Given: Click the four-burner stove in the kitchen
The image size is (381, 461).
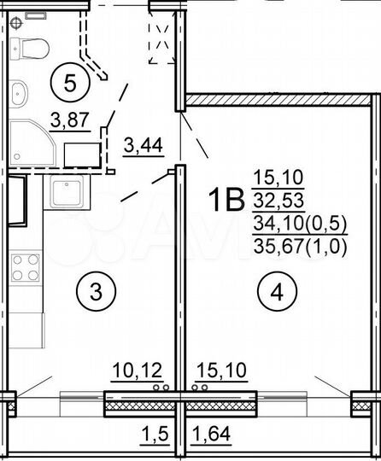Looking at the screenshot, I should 25,266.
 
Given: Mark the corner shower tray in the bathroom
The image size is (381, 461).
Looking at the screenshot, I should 34,143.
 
